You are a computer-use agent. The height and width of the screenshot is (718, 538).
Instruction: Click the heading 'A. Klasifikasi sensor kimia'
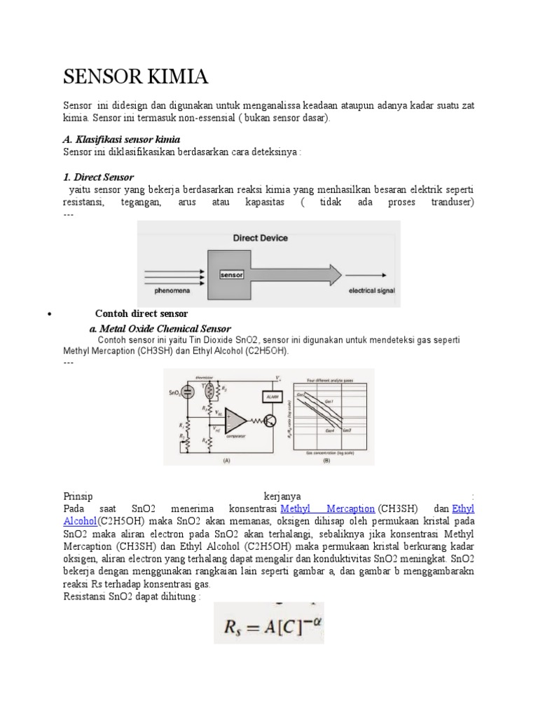tap(122, 140)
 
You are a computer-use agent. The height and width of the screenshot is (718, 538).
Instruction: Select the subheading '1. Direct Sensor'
tap(98, 177)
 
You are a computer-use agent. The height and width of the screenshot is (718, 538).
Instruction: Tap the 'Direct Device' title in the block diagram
tap(260, 238)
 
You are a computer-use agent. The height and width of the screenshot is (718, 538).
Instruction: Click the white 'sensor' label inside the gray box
tap(231, 275)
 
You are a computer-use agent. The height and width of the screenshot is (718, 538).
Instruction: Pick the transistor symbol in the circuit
tap(270, 421)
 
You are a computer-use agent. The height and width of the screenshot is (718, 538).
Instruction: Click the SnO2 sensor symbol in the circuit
tap(188, 393)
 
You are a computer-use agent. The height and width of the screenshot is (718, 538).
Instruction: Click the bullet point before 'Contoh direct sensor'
tap(49, 315)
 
